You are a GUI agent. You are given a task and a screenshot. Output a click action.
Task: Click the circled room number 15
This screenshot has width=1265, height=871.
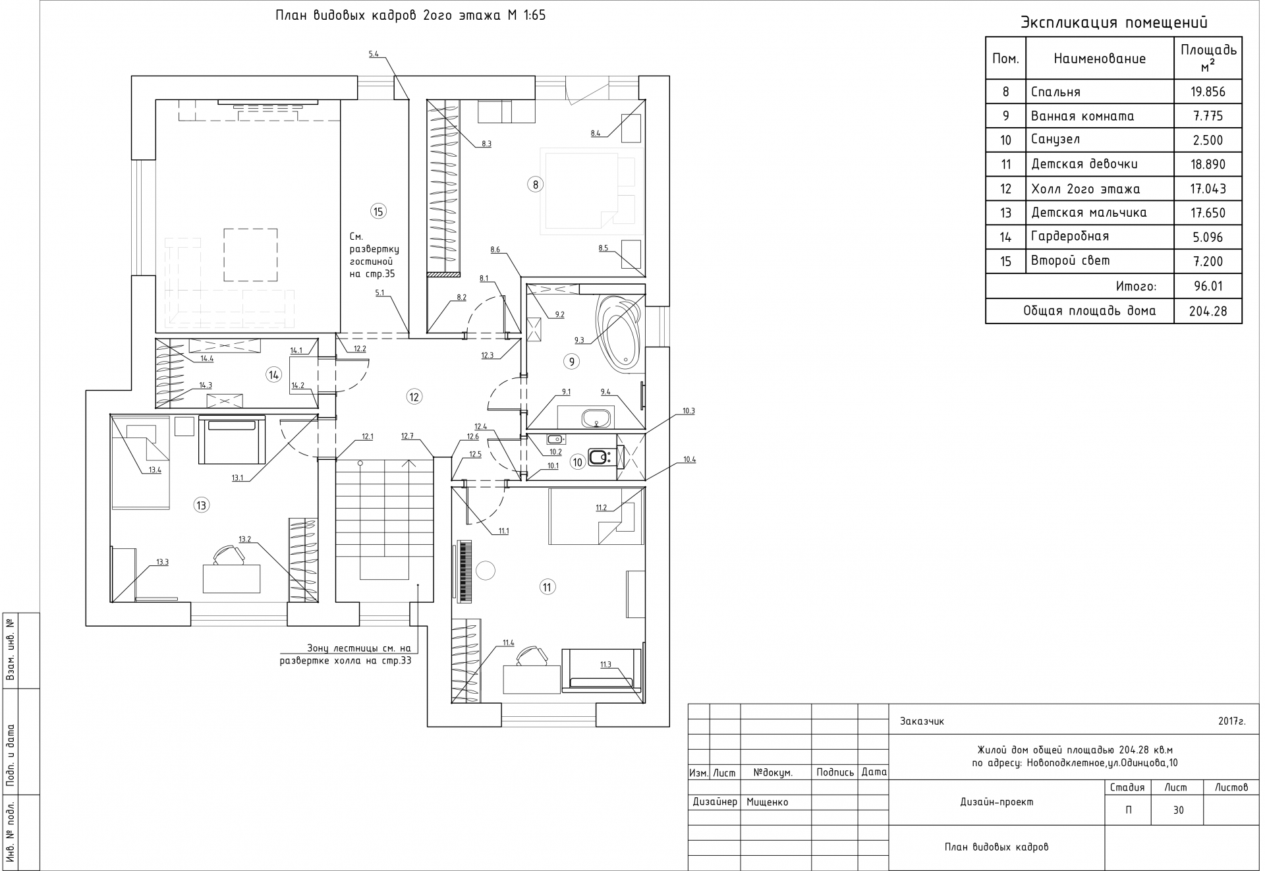click(378, 211)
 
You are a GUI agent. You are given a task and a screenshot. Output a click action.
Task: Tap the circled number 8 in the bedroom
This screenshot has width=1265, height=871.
click(535, 184)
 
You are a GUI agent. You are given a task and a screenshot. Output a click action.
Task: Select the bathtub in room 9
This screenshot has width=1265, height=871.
click(617, 330)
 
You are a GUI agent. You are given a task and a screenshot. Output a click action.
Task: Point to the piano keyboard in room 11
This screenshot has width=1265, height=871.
click(465, 571)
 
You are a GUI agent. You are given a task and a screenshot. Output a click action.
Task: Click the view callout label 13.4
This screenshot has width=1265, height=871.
click(155, 470)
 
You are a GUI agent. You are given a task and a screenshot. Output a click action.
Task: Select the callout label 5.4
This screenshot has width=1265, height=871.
click(374, 54)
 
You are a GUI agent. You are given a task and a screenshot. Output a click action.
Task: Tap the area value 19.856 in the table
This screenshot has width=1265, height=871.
click(1208, 92)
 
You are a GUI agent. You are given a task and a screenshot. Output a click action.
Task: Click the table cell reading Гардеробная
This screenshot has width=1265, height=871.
click(1070, 237)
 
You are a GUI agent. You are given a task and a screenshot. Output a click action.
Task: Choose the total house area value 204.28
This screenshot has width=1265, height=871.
click(1208, 311)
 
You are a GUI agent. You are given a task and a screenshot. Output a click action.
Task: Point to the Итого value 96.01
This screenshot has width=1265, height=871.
click(1208, 287)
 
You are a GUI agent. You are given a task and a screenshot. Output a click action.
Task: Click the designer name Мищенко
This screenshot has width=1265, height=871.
click(767, 802)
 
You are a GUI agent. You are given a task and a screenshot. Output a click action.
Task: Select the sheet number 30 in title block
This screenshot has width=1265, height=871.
click(1178, 810)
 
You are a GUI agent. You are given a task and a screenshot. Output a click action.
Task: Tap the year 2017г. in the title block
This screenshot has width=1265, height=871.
click(1232, 721)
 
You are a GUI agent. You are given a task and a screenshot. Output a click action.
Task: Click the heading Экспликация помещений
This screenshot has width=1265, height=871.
click(1114, 22)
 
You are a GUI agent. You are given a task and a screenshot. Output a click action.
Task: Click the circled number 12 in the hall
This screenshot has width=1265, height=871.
click(414, 397)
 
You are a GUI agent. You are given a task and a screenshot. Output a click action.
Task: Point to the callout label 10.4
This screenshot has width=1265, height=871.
click(689, 459)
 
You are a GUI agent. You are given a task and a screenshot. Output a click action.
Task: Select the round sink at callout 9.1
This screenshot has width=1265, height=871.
click(598, 416)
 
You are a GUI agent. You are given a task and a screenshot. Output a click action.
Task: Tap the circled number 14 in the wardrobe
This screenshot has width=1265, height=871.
click(273, 375)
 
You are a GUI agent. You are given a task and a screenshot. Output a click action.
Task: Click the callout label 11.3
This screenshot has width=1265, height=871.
click(605, 665)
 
